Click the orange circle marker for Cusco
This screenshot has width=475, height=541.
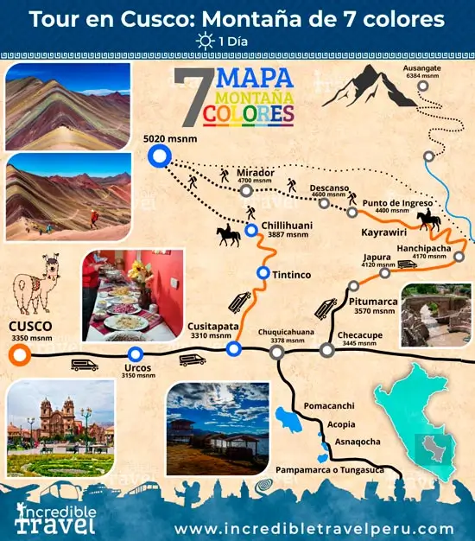tap(22, 353)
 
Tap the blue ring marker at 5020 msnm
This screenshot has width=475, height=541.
tap(158, 156)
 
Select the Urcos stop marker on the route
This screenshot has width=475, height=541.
tap(135, 354)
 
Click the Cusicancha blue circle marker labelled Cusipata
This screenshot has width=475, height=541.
tap(232, 349)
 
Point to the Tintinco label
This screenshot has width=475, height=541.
tap(293, 274)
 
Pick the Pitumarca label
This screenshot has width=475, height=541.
tap(375, 302)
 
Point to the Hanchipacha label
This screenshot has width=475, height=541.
tap(423, 246)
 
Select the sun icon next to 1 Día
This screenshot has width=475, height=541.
tap(205, 41)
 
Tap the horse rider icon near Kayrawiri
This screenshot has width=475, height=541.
tap(429, 220)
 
